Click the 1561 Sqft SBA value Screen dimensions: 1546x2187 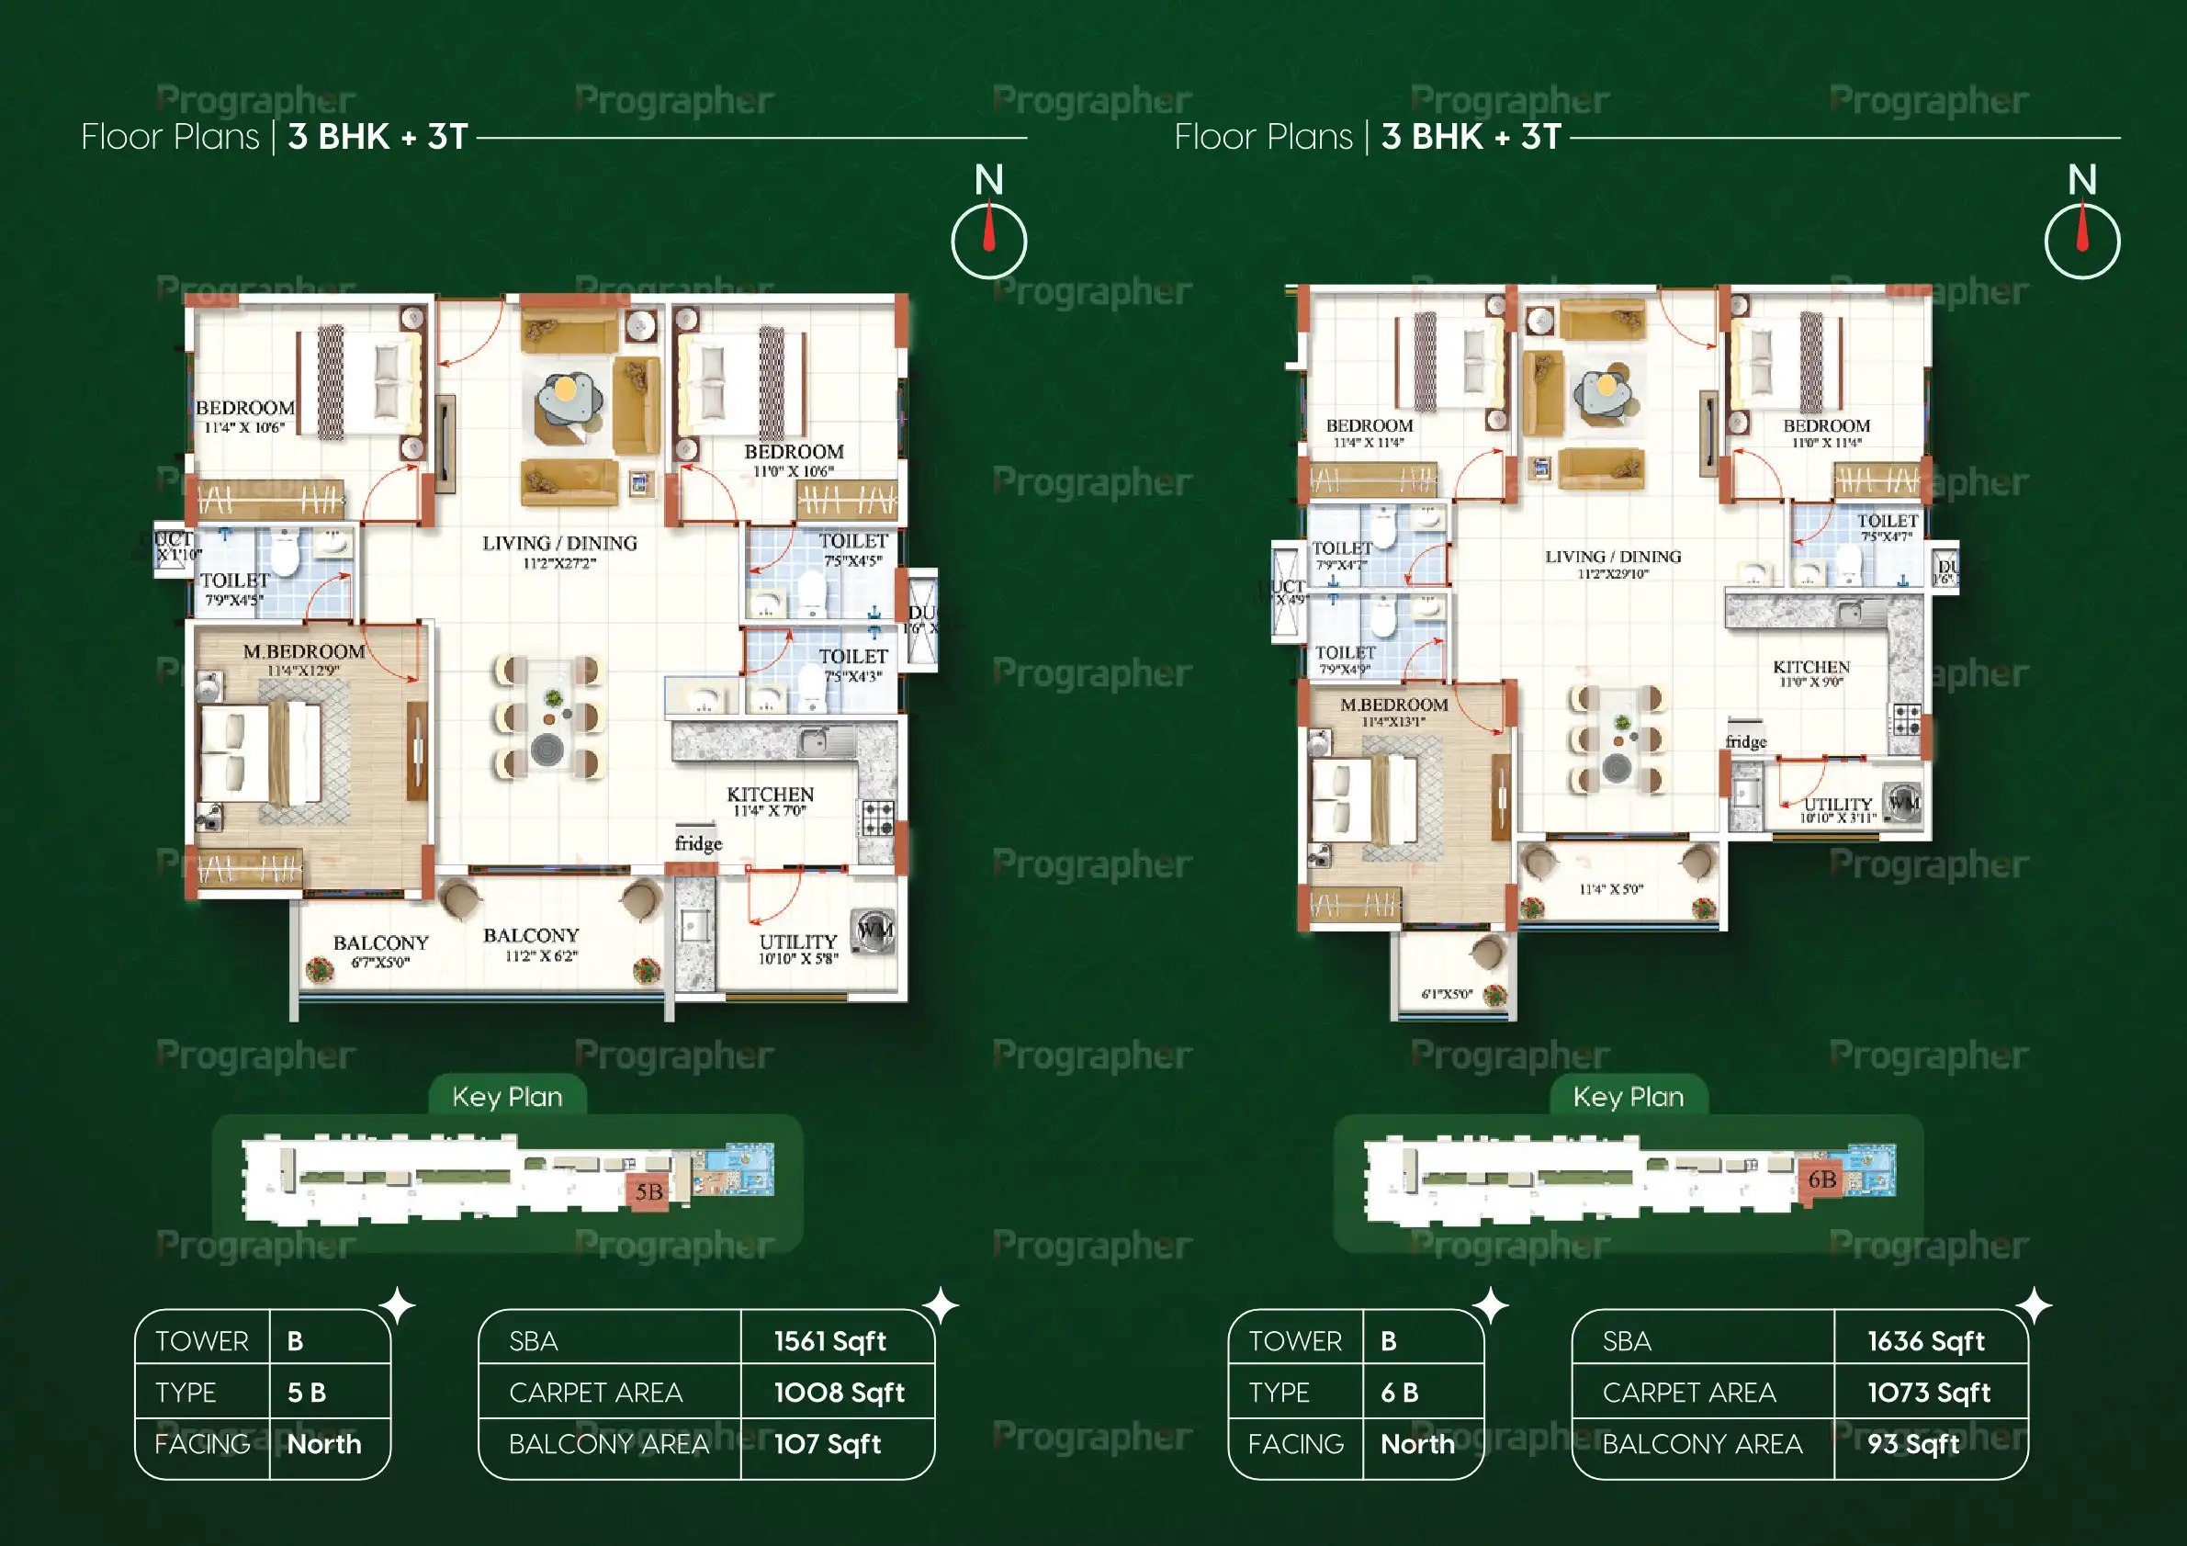(829, 1341)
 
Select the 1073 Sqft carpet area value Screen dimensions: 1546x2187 (1928, 1393)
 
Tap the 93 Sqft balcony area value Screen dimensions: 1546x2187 (1911, 1444)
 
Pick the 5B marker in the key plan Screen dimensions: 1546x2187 (648, 1191)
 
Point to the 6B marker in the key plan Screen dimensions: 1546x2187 (1821, 1179)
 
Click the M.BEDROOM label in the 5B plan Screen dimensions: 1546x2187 (303, 651)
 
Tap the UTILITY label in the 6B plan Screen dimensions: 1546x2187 (1837, 805)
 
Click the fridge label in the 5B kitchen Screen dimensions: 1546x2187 (698, 843)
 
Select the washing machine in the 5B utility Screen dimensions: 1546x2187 (874, 930)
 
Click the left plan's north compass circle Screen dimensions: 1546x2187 (988, 241)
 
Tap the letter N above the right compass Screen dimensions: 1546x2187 (2081, 179)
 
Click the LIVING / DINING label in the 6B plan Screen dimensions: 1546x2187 (1613, 557)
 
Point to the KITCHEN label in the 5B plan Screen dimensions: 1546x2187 (770, 795)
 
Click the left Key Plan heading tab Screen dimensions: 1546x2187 (507, 1097)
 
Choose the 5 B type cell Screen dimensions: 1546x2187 (307, 1393)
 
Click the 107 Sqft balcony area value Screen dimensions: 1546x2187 (827, 1444)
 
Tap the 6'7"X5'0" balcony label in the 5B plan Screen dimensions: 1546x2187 (380, 962)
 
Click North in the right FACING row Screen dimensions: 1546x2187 (1417, 1444)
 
